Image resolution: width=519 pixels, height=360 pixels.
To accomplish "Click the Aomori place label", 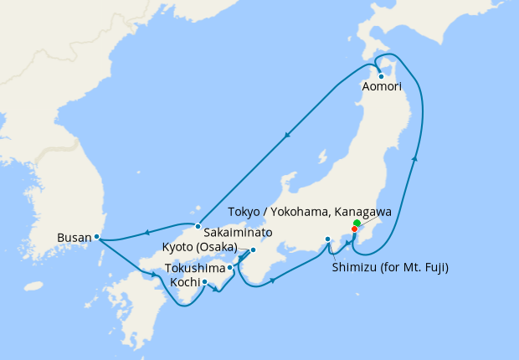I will pos(382,86).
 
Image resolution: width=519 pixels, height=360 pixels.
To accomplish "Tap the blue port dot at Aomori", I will pos(382,76).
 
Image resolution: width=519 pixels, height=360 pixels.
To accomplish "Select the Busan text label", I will pos(74,238).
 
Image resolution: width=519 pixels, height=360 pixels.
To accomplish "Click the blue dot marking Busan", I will pos(97,236).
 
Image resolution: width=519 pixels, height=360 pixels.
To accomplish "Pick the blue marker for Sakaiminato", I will pos(198,226).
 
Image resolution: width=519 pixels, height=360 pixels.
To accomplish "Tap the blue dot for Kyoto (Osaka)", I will pos(254,249).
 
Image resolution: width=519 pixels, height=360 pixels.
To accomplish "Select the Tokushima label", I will pos(194,268).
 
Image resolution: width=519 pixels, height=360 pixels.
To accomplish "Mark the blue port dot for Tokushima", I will pos(230,268).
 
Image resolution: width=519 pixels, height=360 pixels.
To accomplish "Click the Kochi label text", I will pos(184,282).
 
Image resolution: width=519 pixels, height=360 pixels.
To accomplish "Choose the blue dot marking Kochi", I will pos(204,282).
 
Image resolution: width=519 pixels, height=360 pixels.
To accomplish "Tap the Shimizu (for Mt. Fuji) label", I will pos(390,268).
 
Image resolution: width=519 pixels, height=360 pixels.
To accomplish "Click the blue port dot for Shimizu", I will pos(327,242).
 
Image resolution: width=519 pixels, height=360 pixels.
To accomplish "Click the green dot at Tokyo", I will pos(357,223).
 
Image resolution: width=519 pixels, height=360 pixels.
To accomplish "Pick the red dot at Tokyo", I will pos(355,229).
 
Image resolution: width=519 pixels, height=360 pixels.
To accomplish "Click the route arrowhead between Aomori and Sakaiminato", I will pos(288,136).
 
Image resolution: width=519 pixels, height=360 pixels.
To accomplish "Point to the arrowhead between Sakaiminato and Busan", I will pos(147,234).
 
